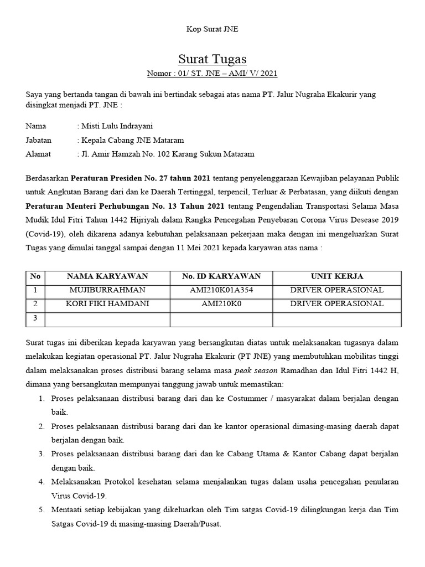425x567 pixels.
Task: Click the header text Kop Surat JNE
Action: click(x=212, y=29)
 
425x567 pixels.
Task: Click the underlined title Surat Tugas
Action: click(x=212, y=59)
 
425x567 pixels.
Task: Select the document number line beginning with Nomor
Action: click(x=212, y=73)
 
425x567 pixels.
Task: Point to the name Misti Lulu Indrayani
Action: click(x=117, y=126)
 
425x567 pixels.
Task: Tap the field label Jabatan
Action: click(x=38, y=140)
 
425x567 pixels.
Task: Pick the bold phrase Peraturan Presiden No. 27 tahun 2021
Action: click(x=140, y=178)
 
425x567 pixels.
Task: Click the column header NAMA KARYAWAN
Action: click(x=107, y=276)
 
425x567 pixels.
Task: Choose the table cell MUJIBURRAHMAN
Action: click(x=107, y=290)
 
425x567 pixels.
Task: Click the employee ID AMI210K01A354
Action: click(x=221, y=290)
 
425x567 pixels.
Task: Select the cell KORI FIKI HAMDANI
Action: click(x=107, y=303)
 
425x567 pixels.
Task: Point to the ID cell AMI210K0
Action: click(x=221, y=303)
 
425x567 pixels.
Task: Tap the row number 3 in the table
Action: click(x=35, y=318)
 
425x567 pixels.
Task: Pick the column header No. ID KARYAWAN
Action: click(x=221, y=276)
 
